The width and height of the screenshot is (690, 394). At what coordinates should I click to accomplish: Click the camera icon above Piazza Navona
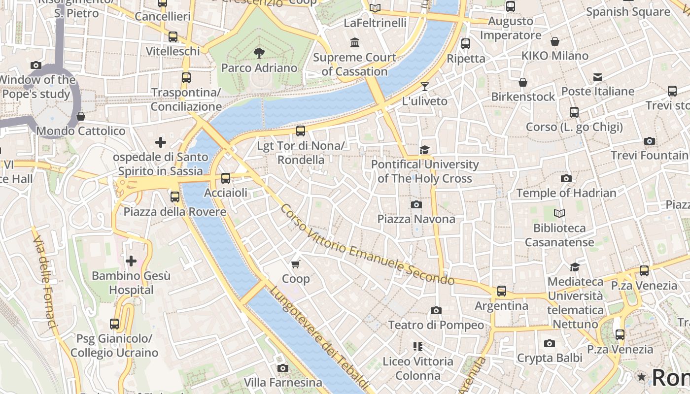[x=416, y=204]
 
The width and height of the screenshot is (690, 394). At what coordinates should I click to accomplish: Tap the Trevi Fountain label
[x=649, y=155]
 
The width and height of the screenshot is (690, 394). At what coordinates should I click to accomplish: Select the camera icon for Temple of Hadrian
[x=566, y=178]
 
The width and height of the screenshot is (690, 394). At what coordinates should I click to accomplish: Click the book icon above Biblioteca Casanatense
[x=559, y=213]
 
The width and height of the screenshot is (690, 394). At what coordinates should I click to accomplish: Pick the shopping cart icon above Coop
[x=296, y=264]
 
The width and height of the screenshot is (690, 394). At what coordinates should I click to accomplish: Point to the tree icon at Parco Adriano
[x=259, y=53]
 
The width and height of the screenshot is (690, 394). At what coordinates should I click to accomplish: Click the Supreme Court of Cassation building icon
[x=355, y=43]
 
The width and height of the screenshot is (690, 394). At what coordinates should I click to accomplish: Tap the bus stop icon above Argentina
[x=501, y=291]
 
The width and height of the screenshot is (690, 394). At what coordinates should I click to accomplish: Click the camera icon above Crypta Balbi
[x=550, y=343]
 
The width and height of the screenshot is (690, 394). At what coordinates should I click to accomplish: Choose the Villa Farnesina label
[x=283, y=382]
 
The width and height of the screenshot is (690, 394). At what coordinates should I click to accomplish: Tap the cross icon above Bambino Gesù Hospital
[x=131, y=261]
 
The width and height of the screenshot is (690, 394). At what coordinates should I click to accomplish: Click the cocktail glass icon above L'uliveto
[x=424, y=87]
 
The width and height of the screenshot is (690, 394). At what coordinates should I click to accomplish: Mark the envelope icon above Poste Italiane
[x=598, y=77]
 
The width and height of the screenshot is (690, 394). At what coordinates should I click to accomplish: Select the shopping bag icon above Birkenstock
[x=523, y=82]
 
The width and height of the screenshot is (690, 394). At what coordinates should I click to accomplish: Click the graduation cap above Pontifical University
[x=424, y=150]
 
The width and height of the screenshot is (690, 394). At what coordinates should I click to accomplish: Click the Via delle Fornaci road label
[x=45, y=281]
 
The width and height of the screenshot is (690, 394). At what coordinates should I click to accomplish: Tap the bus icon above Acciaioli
[x=226, y=178]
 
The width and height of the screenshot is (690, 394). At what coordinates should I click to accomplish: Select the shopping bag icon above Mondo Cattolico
[x=81, y=117]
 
